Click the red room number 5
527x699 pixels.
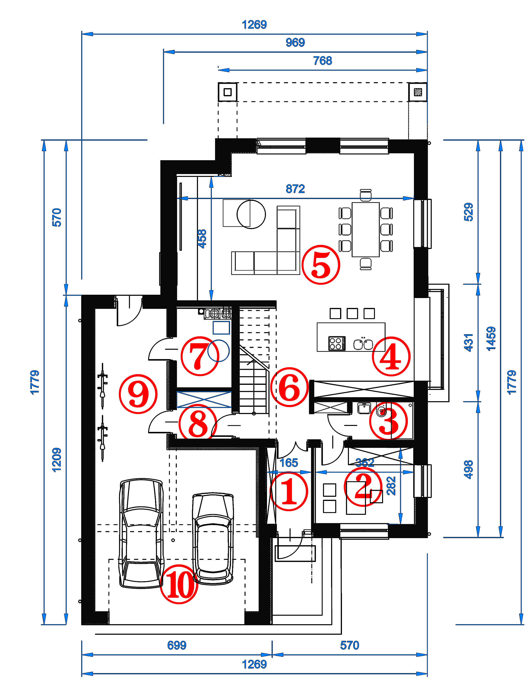(x=321, y=265)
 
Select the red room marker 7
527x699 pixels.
(x=200, y=356)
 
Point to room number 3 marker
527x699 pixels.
(x=389, y=421)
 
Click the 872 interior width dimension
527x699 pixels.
(x=295, y=189)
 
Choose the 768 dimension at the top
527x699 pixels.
(x=322, y=61)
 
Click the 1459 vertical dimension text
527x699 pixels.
(x=491, y=339)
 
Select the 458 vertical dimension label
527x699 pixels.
(x=202, y=239)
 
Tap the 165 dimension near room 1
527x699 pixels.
(x=289, y=463)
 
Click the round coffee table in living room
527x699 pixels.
(x=251, y=214)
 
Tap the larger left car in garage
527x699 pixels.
(x=141, y=533)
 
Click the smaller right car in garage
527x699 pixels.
(x=213, y=538)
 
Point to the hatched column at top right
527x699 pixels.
(x=418, y=92)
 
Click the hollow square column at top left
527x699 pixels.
(x=228, y=92)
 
